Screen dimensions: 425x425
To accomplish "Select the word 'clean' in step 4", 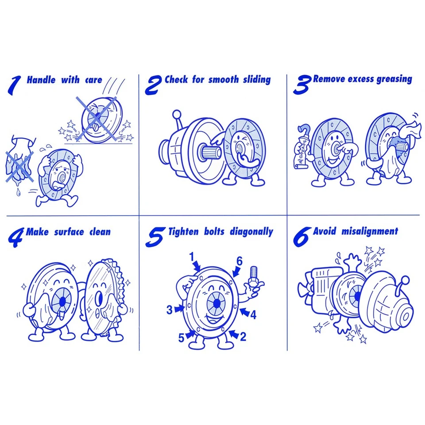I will click(100, 232).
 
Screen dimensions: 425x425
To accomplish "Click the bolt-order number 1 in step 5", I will click(192, 257).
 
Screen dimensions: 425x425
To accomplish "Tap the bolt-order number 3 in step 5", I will click(169, 310).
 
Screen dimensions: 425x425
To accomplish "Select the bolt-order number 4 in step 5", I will click(253, 315).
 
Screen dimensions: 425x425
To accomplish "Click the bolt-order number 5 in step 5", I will click(181, 338).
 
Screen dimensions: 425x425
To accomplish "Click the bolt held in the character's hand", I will click(254, 275).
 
